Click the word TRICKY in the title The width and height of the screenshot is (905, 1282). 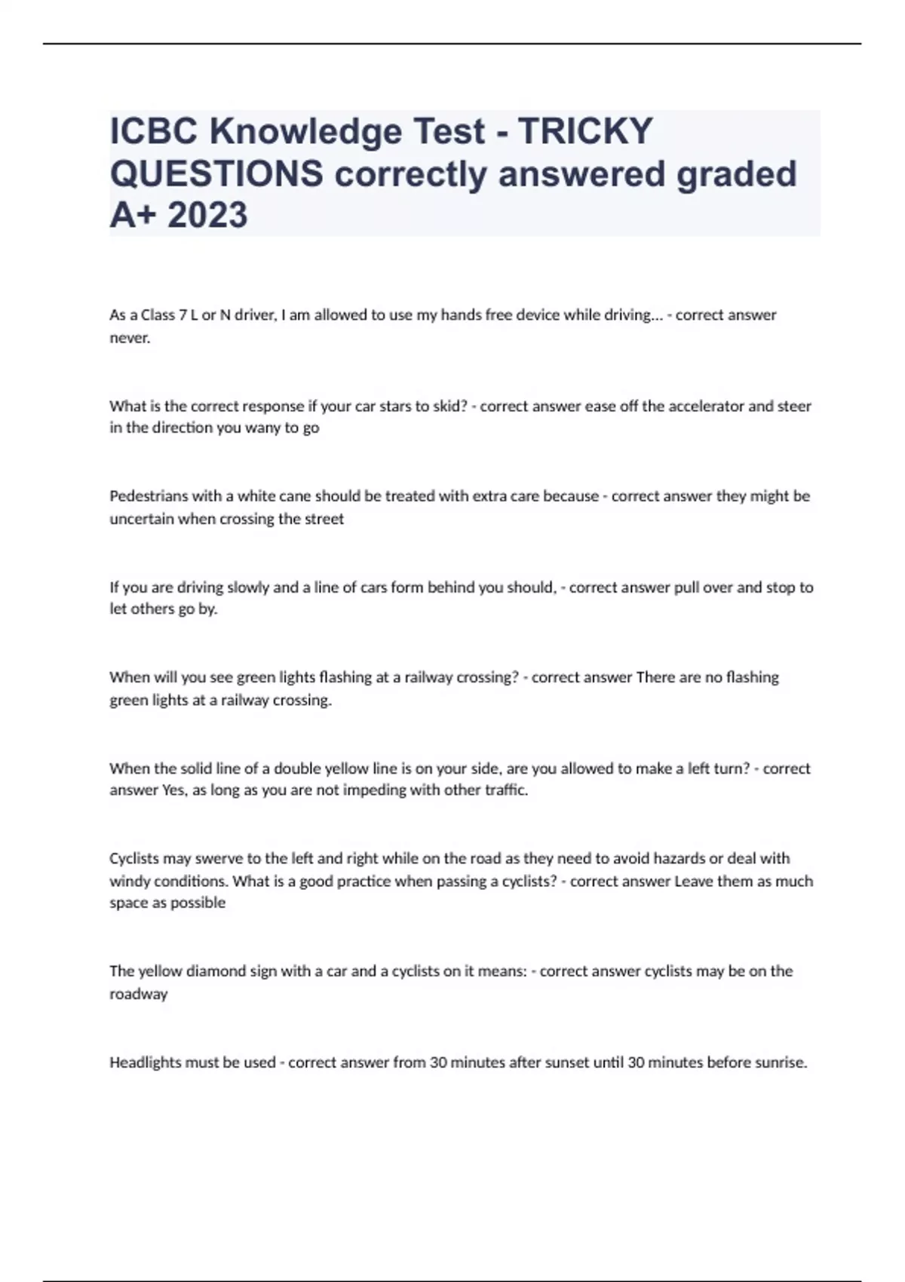(585, 131)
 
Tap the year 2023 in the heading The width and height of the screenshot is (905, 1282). (208, 215)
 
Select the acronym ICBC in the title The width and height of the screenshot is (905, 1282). (154, 131)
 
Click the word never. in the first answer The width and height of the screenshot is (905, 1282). (130, 338)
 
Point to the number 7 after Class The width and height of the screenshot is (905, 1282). (183, 315)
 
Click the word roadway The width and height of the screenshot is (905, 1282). (139, 994)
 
